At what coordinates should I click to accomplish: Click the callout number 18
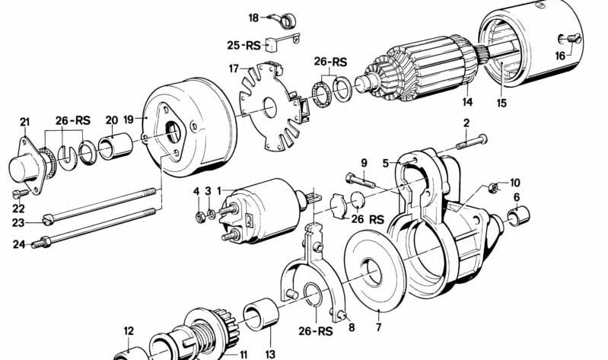(x=253, y=16)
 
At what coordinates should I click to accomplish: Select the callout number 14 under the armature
(x=467, y=101)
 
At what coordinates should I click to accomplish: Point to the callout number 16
(x=561, y=56)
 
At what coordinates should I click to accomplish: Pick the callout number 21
(x=24, y=123)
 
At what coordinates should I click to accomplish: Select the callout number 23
(x=18, y=222)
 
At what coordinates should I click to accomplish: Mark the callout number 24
(x=18, y=244)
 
